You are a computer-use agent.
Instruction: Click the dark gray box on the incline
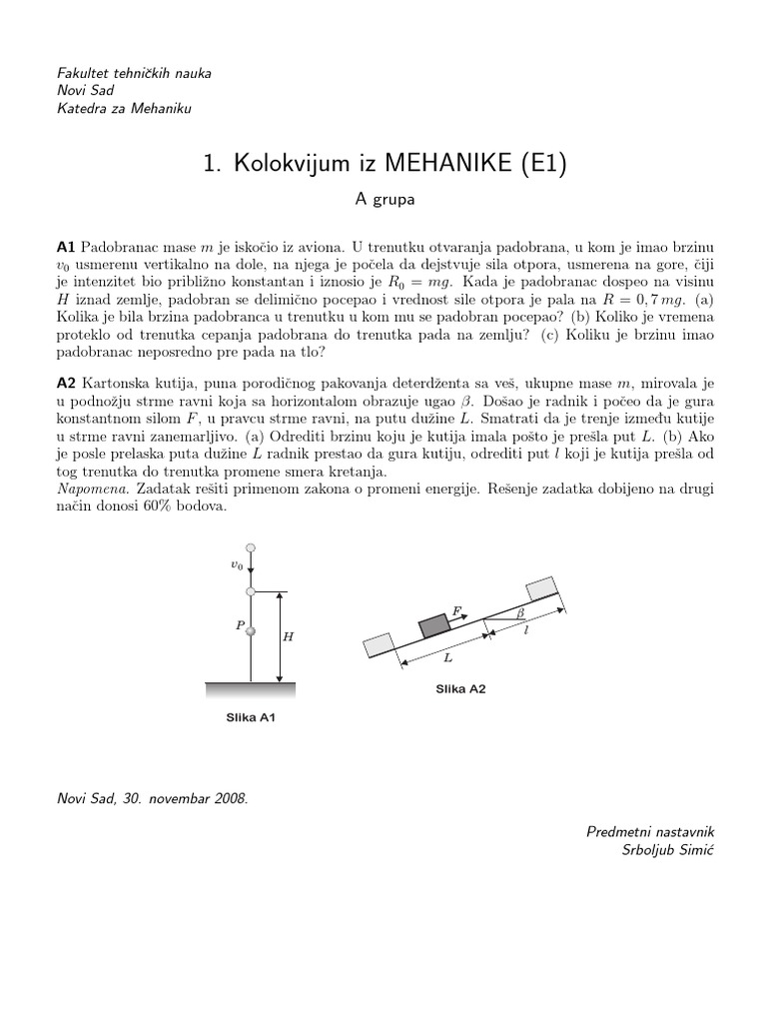(433, 625)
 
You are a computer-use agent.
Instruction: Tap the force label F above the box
(456, 607)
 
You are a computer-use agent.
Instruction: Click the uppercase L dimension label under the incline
(448, 659)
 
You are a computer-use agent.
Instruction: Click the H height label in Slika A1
(289, 636)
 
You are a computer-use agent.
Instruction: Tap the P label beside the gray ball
(240, 625)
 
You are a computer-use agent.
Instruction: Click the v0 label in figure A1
(237, 565)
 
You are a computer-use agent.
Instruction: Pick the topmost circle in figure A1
(251, 547)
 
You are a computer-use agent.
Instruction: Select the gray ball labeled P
(251, 630)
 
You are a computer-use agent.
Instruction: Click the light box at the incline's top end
(537, 587)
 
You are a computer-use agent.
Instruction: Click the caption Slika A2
(460, 689)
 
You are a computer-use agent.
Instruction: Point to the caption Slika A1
(251, 717)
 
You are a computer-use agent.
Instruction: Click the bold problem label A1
(66, 246)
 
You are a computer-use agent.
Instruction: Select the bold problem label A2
(66, 384)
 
